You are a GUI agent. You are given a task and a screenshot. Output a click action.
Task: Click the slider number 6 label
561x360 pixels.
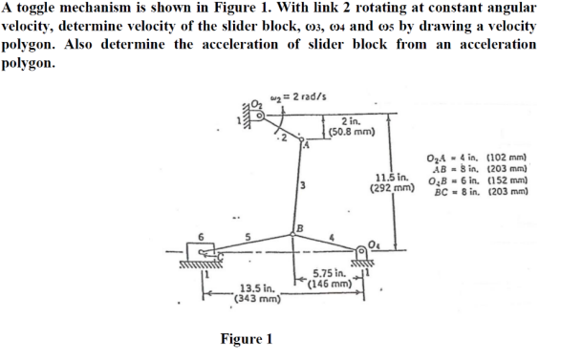201,234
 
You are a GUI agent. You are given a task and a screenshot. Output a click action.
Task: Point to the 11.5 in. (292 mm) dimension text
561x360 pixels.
394,182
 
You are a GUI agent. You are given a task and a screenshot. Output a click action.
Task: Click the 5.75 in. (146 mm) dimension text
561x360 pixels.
333,277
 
